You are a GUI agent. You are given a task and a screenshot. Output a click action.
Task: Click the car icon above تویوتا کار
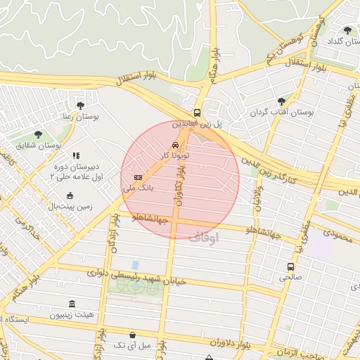[x=175, y=144]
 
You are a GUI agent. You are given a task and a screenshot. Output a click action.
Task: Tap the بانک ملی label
[x=139, y=188]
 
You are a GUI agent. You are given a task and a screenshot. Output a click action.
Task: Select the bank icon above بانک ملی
[x=138, y=177]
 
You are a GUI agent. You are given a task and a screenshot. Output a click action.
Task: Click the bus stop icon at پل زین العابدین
[x=198, y=112]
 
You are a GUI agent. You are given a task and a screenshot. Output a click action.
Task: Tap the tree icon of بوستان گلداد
[x=347, y=30]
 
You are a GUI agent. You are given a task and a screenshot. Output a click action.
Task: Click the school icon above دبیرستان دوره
[x=76, y=155]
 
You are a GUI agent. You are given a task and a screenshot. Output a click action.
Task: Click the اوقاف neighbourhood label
[x=203, y=237]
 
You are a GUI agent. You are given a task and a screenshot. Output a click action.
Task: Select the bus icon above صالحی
[x=290, y=266]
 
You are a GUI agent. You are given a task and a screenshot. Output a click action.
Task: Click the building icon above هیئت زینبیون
[x=72, y=304]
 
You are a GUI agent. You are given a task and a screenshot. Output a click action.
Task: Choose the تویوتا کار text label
[x=174, y=155]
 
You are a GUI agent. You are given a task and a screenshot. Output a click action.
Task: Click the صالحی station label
[x=290, y=278]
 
